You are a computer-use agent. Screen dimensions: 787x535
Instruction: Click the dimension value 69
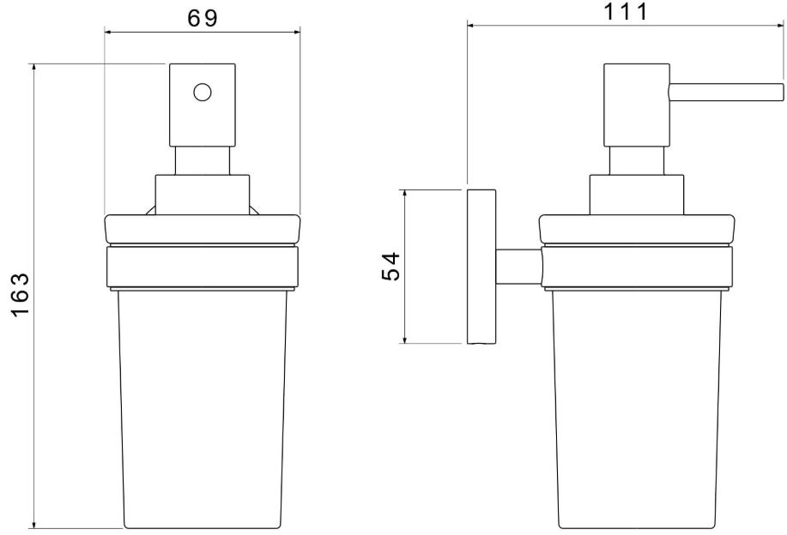[203, 18]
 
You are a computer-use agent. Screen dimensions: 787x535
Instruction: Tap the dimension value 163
[21, 295]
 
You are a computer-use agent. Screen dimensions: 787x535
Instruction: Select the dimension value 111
[625, 11]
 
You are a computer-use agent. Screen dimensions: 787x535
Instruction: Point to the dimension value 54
[391, 267]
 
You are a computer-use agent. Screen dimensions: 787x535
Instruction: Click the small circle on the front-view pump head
[203, 93]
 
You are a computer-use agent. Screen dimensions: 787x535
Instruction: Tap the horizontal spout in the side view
[726, 93]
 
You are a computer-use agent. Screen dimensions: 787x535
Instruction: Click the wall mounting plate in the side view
[481, 267]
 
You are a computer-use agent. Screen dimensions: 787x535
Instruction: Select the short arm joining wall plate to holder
[519, 267]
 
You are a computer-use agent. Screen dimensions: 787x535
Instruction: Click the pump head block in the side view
[637, 105]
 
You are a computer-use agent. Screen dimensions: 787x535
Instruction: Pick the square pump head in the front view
[203, 105]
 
